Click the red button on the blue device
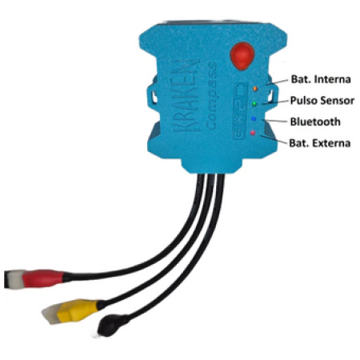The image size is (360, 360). (x=242, y=56)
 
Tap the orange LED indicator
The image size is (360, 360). (x=255, y=89)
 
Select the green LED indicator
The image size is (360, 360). (x=254, y=104)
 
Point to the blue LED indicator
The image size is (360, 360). (x=254, y=118)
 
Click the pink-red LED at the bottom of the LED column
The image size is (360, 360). (x=253, y=133)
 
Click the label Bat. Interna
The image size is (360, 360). (x=321, y=79)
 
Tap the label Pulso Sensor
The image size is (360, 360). (x=322, y=101)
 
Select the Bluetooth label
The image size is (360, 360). (x=315, y=122)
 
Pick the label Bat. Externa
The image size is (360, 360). (x=320, y=143)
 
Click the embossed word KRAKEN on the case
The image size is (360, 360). (x=186, y=95)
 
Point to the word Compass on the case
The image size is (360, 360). (x=211, y=96)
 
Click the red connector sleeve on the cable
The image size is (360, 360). (x=43, y=278)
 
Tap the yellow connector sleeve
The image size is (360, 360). (x=78, y=310)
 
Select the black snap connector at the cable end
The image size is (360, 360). (x=113, y=325)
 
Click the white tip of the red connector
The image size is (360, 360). (x=15, y=278)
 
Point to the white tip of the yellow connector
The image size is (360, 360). (x=51, y=314)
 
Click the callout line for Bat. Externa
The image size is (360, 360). (x=274, y=140)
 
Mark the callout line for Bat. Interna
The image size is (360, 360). (x=277, y=82)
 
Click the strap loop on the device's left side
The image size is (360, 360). (x=152, y=95)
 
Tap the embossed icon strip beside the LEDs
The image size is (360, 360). (x=240, y=110)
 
